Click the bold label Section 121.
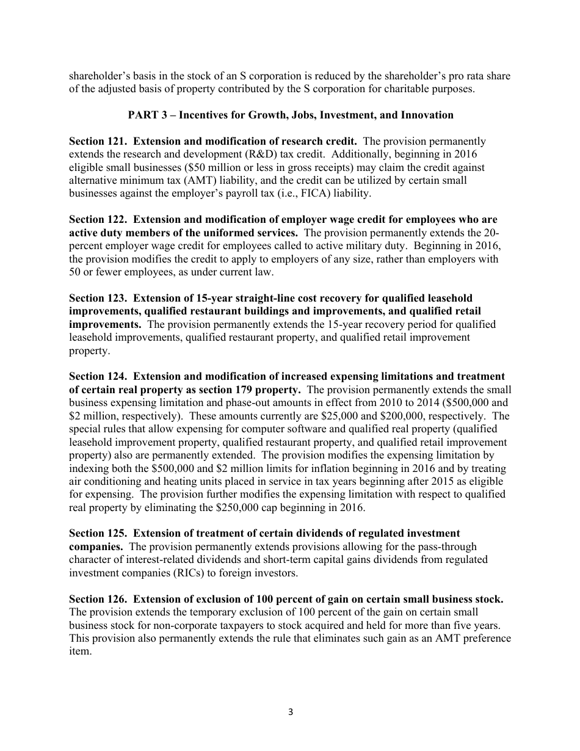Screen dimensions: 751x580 98,141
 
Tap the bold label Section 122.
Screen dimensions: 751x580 98,219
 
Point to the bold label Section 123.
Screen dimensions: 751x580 98,298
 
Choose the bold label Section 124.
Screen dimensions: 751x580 98,377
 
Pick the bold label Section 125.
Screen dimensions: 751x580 98,534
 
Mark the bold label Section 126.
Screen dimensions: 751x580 98,599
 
